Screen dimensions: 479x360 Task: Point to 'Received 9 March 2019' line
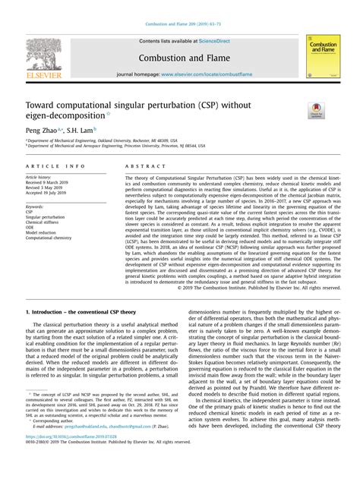click(x=49, y=183)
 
